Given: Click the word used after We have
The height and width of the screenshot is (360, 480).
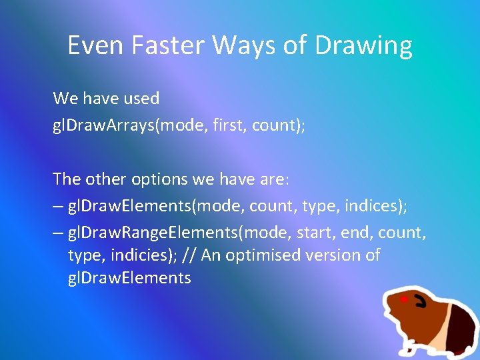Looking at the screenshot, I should point(141,99).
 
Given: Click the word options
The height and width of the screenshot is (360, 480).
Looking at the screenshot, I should point(157,179).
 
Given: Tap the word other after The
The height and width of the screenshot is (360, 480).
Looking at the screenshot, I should point(104,179).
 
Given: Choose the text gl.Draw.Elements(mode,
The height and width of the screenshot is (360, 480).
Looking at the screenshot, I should point(157,207).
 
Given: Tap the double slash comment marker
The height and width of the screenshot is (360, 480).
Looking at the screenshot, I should point(190,255).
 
